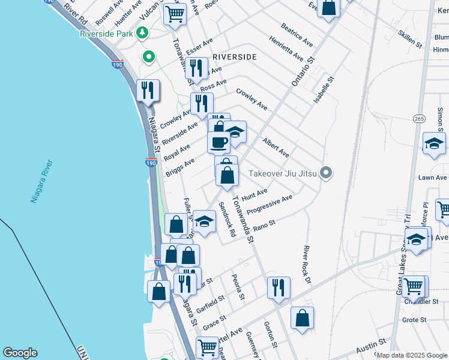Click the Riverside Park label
pyautogui.click(x=106, y=34)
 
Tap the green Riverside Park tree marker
pyautogui.click(x=143, y=34)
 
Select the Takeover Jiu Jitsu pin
pyautogui.click(x=326, y=173)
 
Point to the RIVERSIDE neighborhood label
pyautogui.click(x=234, y=57)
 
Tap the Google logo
pyautogui.click(x=20, y=353)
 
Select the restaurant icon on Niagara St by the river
pyautogui.click(x=148, y=91)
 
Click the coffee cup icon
pyautogui.click(x=218, y=142)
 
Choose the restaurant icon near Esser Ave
pyautogui.click(x=196, y=68)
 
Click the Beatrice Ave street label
pyautogui.click(x=297, y=35)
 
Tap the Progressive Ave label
pyautogui.click(x=270, y=204)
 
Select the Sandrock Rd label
pyautogui.click(x=227, y=218)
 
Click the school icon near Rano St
pyautogui.click(x=204, y=221)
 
